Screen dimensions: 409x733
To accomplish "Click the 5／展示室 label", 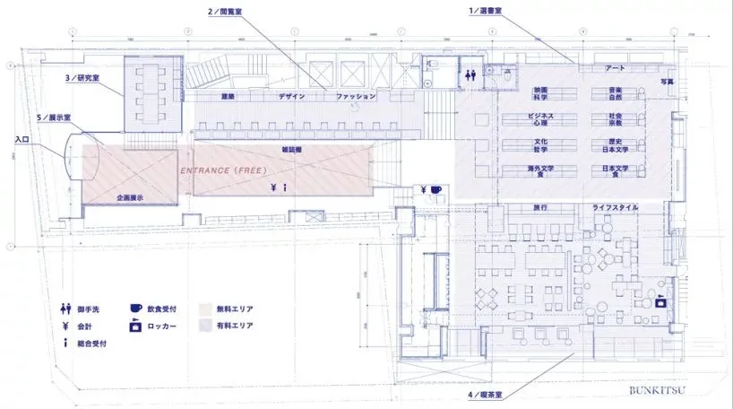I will click(x=55, y=117).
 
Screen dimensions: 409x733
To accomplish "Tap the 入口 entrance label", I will click(x=23, y=139).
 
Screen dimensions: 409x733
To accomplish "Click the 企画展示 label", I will click(x=131, y=196).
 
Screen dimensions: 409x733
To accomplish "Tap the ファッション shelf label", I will click(x=356, y=96).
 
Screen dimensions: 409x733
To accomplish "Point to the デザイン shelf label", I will click(x=291, y=96).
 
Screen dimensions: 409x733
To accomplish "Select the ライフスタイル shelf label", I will click(x=616, y=207).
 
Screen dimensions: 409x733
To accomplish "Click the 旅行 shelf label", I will click(x=540, y=207).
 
